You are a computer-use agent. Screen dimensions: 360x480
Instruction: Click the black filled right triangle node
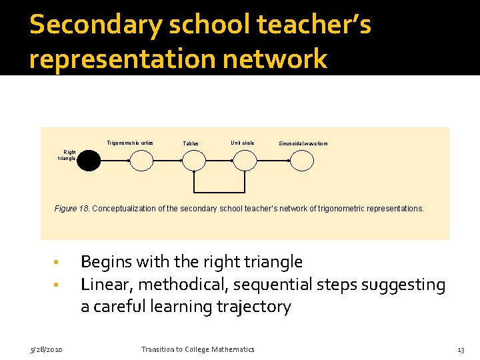click(89, 161)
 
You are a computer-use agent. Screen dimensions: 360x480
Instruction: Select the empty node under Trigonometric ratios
click(141, 161)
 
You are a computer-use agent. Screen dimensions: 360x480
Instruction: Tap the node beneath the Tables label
click(193, 161)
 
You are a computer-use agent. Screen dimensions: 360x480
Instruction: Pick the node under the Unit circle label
click(244, 161)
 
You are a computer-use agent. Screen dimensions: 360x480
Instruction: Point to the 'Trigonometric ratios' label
click(130, 143)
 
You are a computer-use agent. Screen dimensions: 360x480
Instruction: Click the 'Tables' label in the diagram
click(191, 143)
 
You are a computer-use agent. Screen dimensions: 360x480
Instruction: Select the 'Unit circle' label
click(242, 143)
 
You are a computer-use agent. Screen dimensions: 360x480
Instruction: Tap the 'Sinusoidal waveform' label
click(303, 143)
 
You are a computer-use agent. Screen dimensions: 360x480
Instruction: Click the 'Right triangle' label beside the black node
click(69, 155)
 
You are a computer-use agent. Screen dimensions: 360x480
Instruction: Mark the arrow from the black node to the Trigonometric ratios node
click(115, 161)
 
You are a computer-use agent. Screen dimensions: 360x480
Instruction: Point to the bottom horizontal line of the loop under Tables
click(219, 190)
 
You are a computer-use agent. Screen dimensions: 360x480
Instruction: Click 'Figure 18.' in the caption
click(71, 209)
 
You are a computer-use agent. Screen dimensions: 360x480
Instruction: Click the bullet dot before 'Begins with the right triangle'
click(57, 262)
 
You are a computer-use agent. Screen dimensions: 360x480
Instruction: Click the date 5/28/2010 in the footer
click(46, 350)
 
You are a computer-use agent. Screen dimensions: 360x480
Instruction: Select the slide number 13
click(460, 350)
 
